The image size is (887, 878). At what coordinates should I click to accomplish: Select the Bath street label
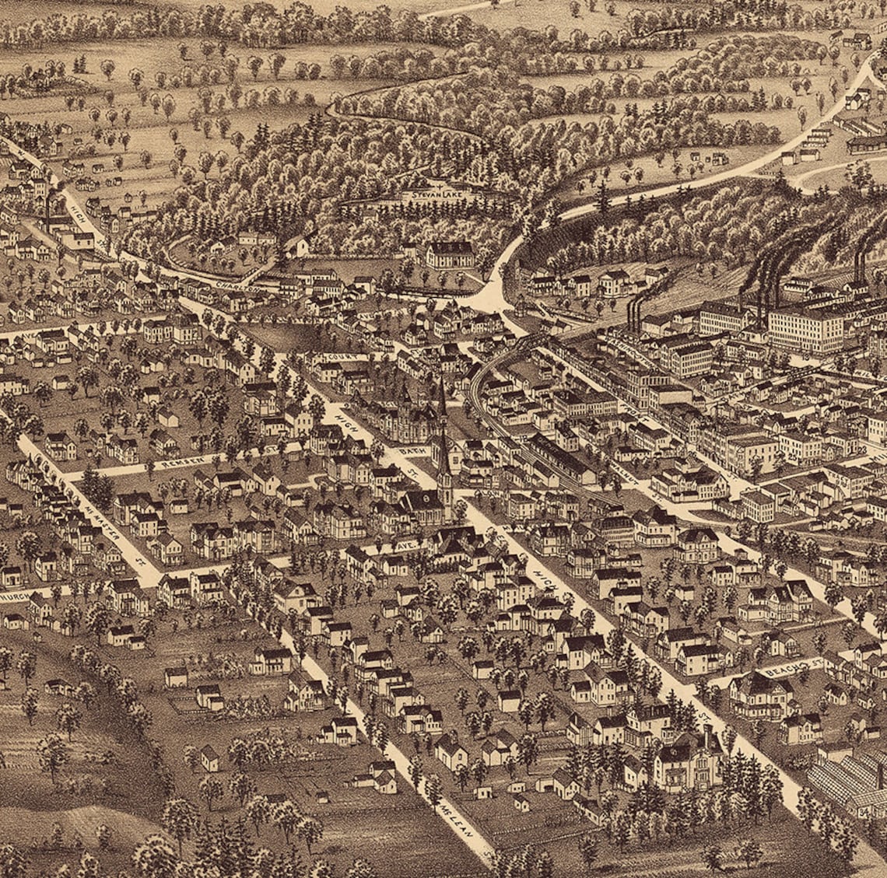tap(410, 451)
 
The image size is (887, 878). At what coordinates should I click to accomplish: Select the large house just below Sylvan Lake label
tap(450, 254)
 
